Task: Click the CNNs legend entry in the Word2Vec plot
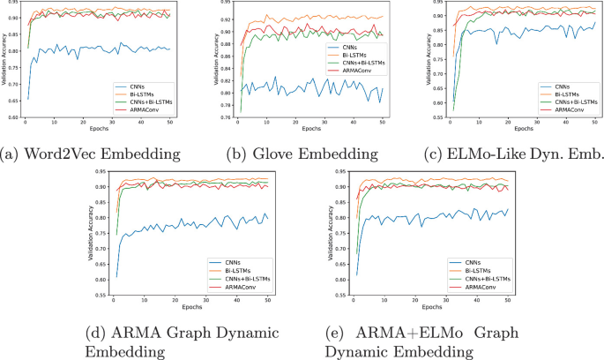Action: [137, 86]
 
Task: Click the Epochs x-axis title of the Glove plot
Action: [307, 129]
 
